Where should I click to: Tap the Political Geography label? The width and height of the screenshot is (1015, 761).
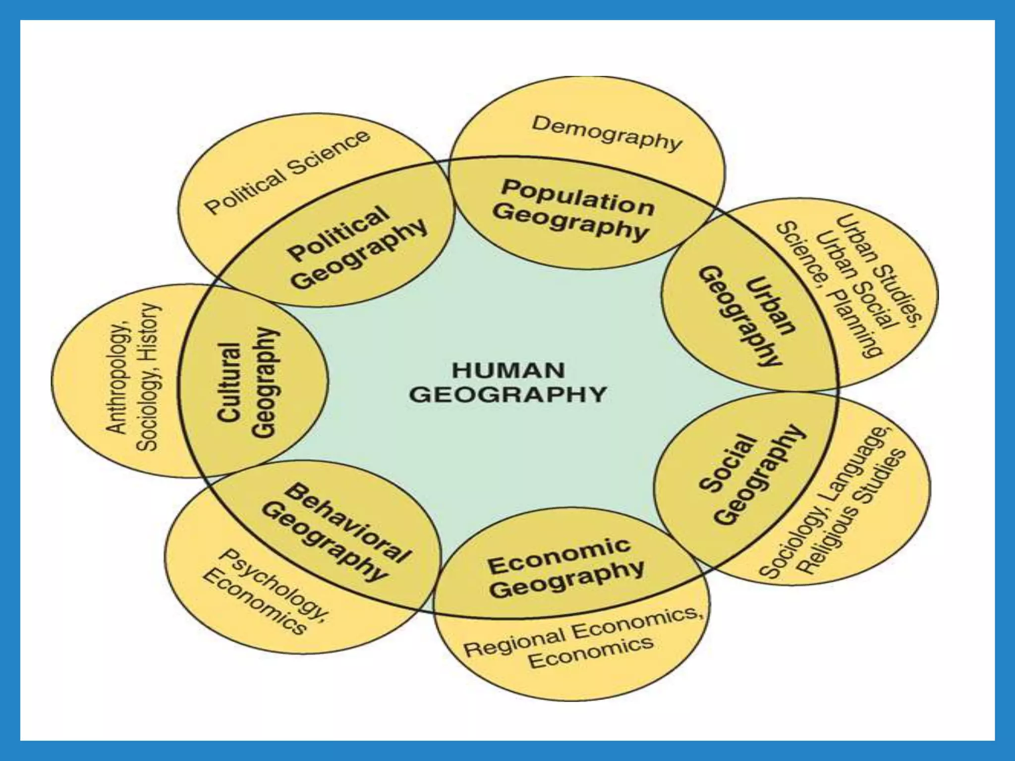coord(357,248)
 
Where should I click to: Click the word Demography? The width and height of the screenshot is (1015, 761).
coord(607,133)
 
